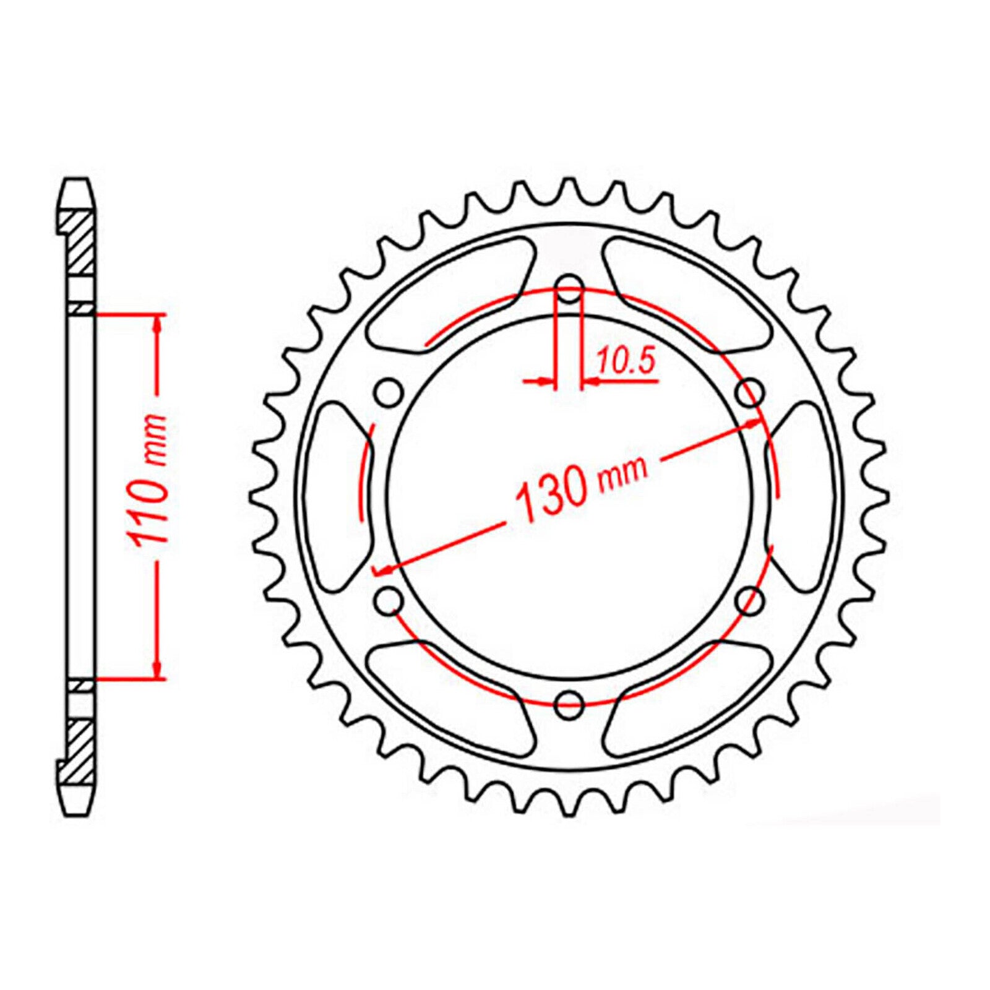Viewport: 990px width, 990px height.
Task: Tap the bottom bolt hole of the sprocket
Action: tap(569, 701)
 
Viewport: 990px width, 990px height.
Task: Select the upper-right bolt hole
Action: tap(750, 392)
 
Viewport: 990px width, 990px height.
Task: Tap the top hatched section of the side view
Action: tap(78, 242)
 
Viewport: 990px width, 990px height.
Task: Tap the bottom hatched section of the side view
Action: tap(78, 749)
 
